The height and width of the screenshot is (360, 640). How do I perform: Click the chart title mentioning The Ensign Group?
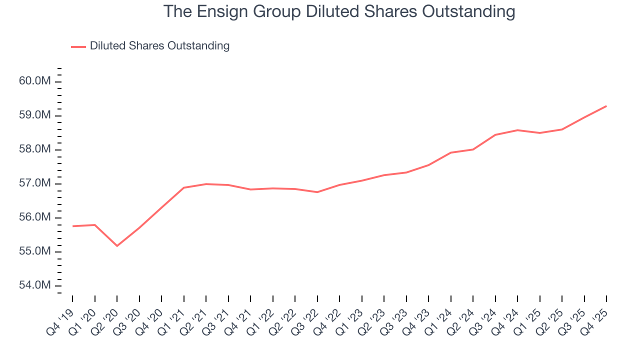point(339,12)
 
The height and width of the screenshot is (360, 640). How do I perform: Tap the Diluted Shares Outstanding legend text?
point(159,46)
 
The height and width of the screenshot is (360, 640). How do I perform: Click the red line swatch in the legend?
point(78,46)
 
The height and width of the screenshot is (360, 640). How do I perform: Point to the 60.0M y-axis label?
point(34,81)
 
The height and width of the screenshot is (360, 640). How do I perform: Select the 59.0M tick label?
point(34,115)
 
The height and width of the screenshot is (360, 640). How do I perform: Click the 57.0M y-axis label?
point(34,183)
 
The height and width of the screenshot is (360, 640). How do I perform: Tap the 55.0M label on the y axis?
point(34,251)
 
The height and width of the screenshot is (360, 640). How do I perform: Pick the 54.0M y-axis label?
point(34,285)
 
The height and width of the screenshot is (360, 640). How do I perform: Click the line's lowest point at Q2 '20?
point(117,245)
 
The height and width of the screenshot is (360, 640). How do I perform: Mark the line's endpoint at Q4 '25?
point(606,106)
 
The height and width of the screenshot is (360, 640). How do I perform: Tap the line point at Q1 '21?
point(184,187)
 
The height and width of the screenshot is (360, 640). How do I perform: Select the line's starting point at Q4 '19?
point(73,226)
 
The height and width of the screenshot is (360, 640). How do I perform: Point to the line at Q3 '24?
point(495,134)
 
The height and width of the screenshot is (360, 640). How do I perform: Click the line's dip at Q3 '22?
point(317,192)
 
